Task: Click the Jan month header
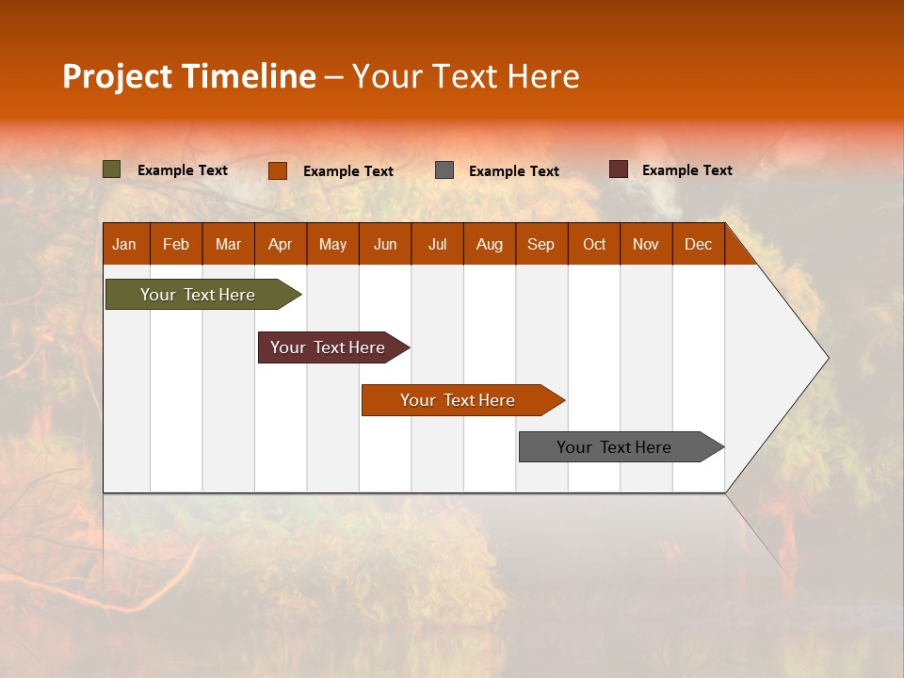point(125,244)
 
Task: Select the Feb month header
point(176,244)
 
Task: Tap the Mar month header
point(228,244)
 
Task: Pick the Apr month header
point(281,244)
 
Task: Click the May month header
point(332,244)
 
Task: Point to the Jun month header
point(385,244)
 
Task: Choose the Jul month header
point(437,244)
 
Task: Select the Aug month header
point(490,244)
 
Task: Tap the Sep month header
point(541,244)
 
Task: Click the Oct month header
point(594,244)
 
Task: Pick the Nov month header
point(646,244)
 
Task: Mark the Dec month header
point(699,244)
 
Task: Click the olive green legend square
point(112,169)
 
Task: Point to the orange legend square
point(278,170)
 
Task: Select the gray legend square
point(444,170)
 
